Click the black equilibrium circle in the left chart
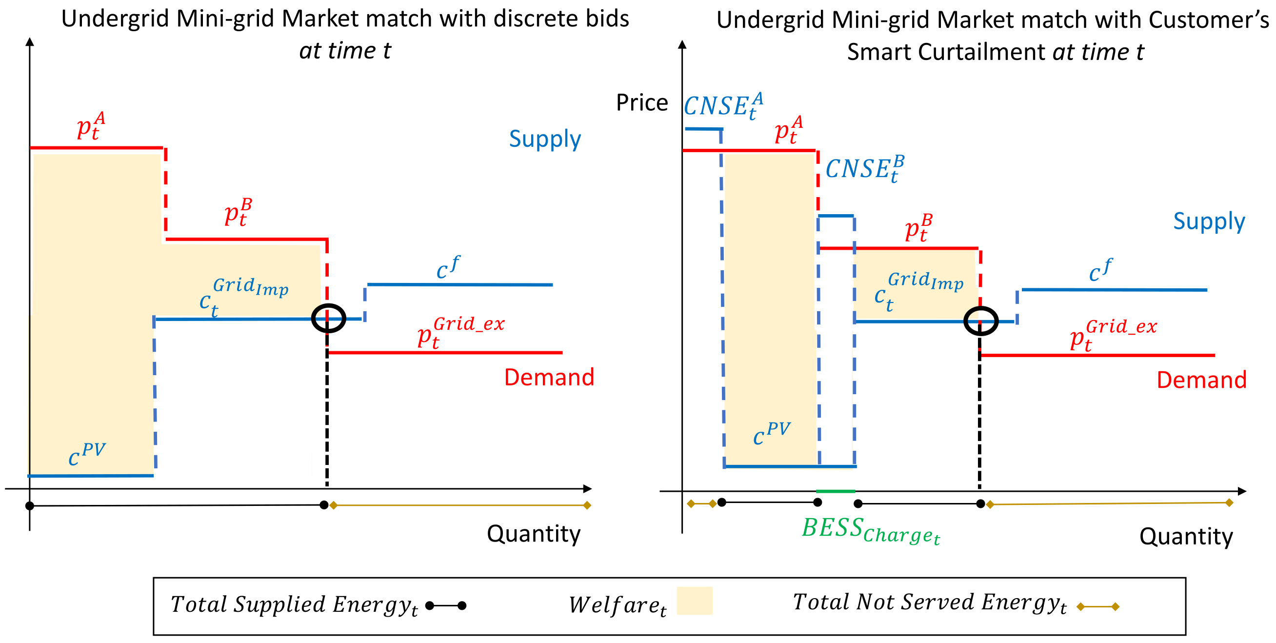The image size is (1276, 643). click(328, 318)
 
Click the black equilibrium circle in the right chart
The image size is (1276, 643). click(980, 321)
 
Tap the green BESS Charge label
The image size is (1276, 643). click(870, 530)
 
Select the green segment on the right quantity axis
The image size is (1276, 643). click(835, 491)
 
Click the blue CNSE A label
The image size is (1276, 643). click(723, 105)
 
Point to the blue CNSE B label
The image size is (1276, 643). click(864, 168)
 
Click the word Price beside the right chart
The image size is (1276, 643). click(641, 103)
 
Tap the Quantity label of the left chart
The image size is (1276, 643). click(534, 534)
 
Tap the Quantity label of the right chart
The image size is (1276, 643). click(1186, 536)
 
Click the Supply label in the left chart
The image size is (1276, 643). click(545, 139)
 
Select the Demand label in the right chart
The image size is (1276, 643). click(1201, 380)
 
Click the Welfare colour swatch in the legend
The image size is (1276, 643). click(695, 601)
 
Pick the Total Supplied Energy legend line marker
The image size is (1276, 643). click(446, 605)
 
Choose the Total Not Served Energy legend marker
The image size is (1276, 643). click(1097, 606)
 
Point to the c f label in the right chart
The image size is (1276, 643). click(1100, 270)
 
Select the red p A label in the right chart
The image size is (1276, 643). click(789, 129)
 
